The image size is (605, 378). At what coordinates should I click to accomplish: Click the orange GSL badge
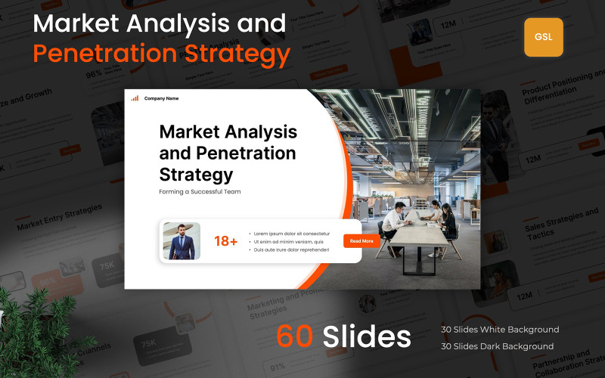point(543,37)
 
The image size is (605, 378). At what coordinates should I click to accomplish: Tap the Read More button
point(361,241)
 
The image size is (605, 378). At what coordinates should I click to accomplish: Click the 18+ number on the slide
point(226,241)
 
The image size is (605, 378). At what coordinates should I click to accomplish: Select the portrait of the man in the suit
point(181,241)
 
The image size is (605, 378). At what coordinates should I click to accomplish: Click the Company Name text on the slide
point(161,98)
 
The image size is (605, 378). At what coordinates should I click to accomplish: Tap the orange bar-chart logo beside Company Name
point(135,98)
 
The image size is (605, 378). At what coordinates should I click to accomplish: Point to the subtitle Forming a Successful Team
point(200,192)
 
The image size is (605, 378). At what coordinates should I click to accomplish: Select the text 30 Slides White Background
point(500,330)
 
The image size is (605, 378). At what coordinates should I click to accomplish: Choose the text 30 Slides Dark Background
point(497,346)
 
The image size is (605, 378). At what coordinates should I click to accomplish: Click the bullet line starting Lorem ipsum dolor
point(292,234)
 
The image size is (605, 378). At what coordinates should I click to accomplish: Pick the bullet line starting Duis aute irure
point(291,249)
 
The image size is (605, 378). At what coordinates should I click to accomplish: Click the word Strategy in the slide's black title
point(196,174)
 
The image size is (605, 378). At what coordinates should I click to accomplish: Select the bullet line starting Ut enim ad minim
point(292,242)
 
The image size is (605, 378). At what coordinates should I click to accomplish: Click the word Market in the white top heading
point(76,23)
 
